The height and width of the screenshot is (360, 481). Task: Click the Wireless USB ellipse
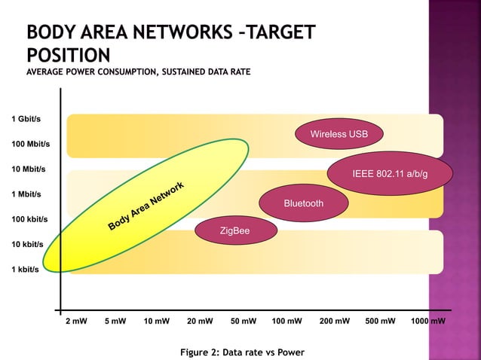[x=339, y=134]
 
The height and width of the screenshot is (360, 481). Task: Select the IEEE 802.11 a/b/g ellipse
[x=390, y=174]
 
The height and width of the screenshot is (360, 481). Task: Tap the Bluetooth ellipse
[x=304, y=203]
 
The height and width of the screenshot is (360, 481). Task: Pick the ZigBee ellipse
[x=234, y=230]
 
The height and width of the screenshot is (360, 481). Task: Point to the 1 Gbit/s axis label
[x=26, y=119]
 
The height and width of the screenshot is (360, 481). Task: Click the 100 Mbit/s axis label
[x=30, y=144]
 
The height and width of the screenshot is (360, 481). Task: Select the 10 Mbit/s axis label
[x=29, y=169]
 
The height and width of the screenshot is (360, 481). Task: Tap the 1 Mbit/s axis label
[x=27, y=194]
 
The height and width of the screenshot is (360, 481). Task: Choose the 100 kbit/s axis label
[x=29, y=219]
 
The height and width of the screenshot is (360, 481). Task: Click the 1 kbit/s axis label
[x=25, y=270]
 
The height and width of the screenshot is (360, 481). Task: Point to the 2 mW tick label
[x=76, y=321]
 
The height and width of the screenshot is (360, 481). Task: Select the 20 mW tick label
[x=200, y=321]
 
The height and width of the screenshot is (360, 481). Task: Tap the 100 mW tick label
[x=287, y=321]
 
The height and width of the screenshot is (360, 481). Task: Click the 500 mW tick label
[x=380, y=321]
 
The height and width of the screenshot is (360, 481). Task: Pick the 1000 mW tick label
[x=427, y=321]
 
